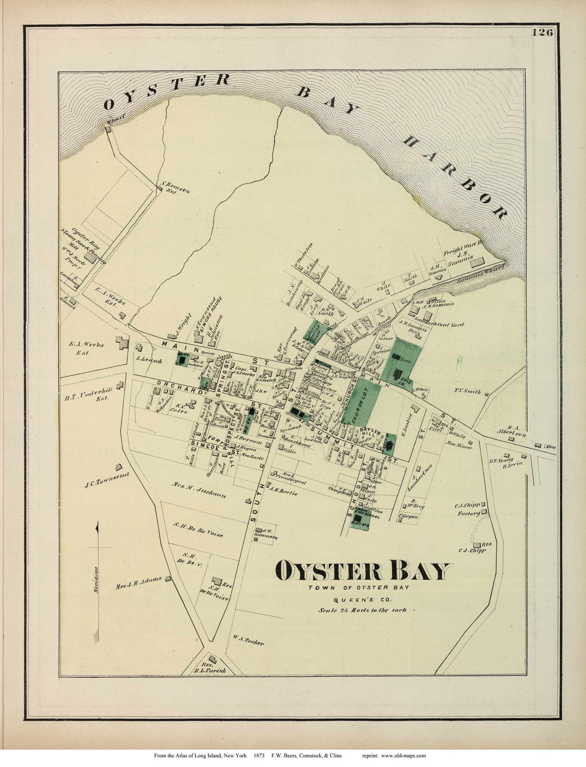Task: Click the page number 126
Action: tap(542, 33)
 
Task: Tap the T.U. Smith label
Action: tap(468, 391)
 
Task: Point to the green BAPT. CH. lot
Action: tap(182, 358)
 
